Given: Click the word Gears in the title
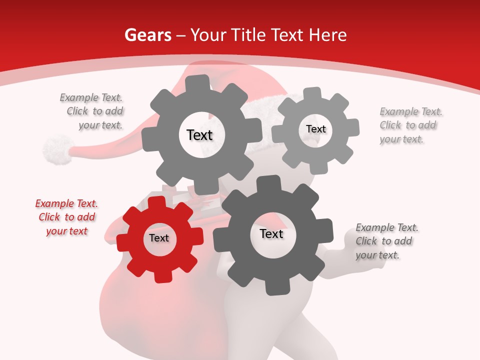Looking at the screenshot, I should (x=147, y=35).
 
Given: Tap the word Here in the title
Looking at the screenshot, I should (x=327, y=35).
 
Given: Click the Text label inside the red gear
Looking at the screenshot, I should (x=159, y=238).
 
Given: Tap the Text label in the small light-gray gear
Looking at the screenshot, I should (x=315, y=129).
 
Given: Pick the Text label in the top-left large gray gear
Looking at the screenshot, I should (x=199, y=135).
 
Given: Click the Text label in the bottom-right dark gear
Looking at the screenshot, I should (x=271, y=234).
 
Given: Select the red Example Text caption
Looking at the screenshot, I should (x=66, y=217).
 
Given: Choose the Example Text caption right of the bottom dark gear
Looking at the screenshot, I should (x=386, y=241).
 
